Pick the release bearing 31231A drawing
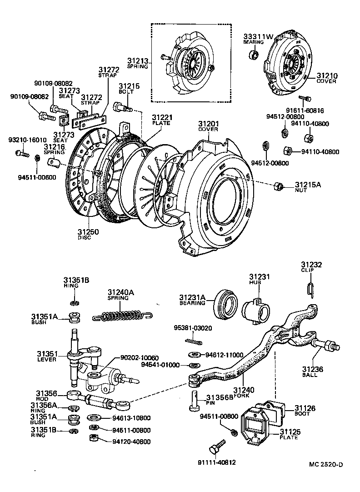[x=225, y=304]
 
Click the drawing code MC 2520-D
[x=325, y=464]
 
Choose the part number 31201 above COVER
[x=208, y=124]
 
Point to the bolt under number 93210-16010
[x=20, y=153]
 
